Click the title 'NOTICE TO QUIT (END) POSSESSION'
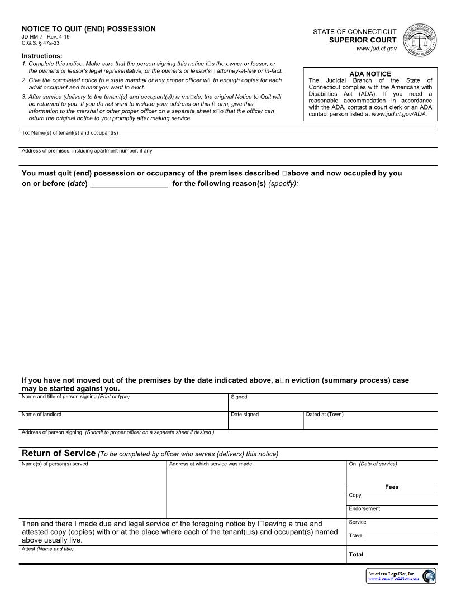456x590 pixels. pyautogui.click(x=88, y=29)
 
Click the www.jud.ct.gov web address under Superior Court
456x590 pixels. pyautogui.click(x=376, y=49)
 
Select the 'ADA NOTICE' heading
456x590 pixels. pyautogui.click(x=370, y=74)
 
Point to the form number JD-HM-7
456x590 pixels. pyautogui.click(x=32, y=37)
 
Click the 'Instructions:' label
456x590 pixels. pyautogui.click(x=42, y=56)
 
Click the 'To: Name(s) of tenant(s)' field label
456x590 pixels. pyautogui.click(x=69, y=133)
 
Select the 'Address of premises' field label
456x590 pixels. pyautogui.click(x=87, y=151)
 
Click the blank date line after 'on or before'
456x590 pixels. pyautogui.click(x=129, y=183)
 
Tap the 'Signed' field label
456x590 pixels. pyautogui.click(x=239, y=397)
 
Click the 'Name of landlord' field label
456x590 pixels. pyautogui.click(x=41, y=415)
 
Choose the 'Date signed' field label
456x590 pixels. pyautogui.click(x=245, y=415)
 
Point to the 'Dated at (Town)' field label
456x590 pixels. pyautogui.click(x=325, y=415)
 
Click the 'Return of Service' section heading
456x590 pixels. pyautogui.click(x=59, y=453)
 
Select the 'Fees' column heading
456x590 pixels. pyautogui.click(x=392, y=487)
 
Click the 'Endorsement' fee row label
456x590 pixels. pyautogui.click(x=364, y=508)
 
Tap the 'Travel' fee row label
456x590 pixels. pyautogui.click(x=357, y=535)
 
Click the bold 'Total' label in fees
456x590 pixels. pyautogui.click(x=356, y=554)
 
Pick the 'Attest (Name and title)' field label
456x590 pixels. pyautogui.click(x=47, y=549)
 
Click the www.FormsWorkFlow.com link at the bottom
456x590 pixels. pyautogui.click(x=393, y=579)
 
